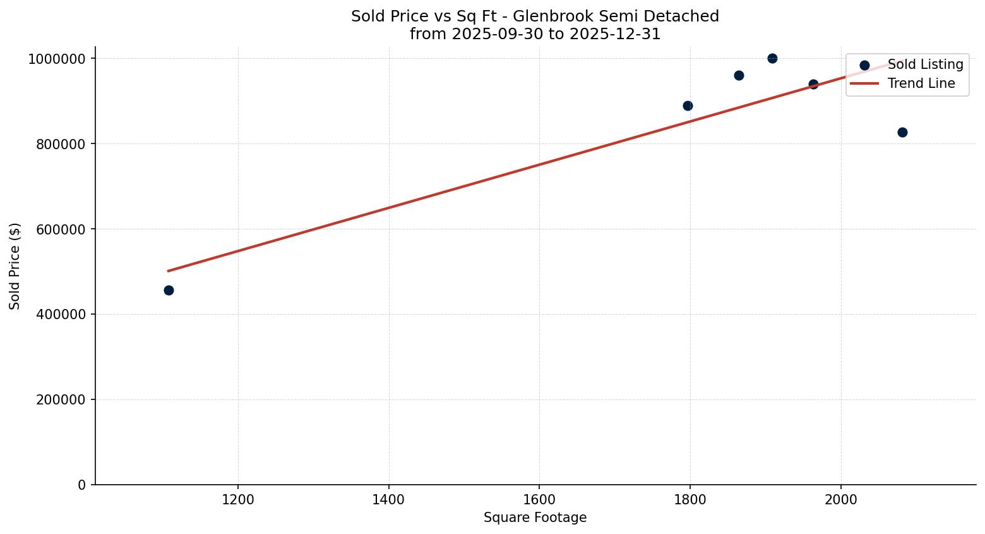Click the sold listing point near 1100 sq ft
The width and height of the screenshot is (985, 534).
click(169, 290)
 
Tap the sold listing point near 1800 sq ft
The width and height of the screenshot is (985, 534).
click(688, 106)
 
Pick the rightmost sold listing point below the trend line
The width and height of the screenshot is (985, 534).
click(902, 132)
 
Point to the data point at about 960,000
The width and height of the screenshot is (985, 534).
click(739, 75)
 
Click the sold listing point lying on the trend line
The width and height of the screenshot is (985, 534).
click(813, 84)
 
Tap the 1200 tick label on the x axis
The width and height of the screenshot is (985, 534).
click(238, 499)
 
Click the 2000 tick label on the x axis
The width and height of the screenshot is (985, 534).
click(840, 499)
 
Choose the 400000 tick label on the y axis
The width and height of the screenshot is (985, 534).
click(56, 314)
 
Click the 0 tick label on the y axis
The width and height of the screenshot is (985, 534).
click(81, 485)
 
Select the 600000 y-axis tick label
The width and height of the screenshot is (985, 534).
click(56, 229)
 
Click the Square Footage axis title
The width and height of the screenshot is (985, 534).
click(535, 518)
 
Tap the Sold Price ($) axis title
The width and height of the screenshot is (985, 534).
click(15, 265)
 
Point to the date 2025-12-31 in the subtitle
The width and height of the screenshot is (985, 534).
click(614, 34)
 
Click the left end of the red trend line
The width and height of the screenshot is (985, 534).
click(169, 270)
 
